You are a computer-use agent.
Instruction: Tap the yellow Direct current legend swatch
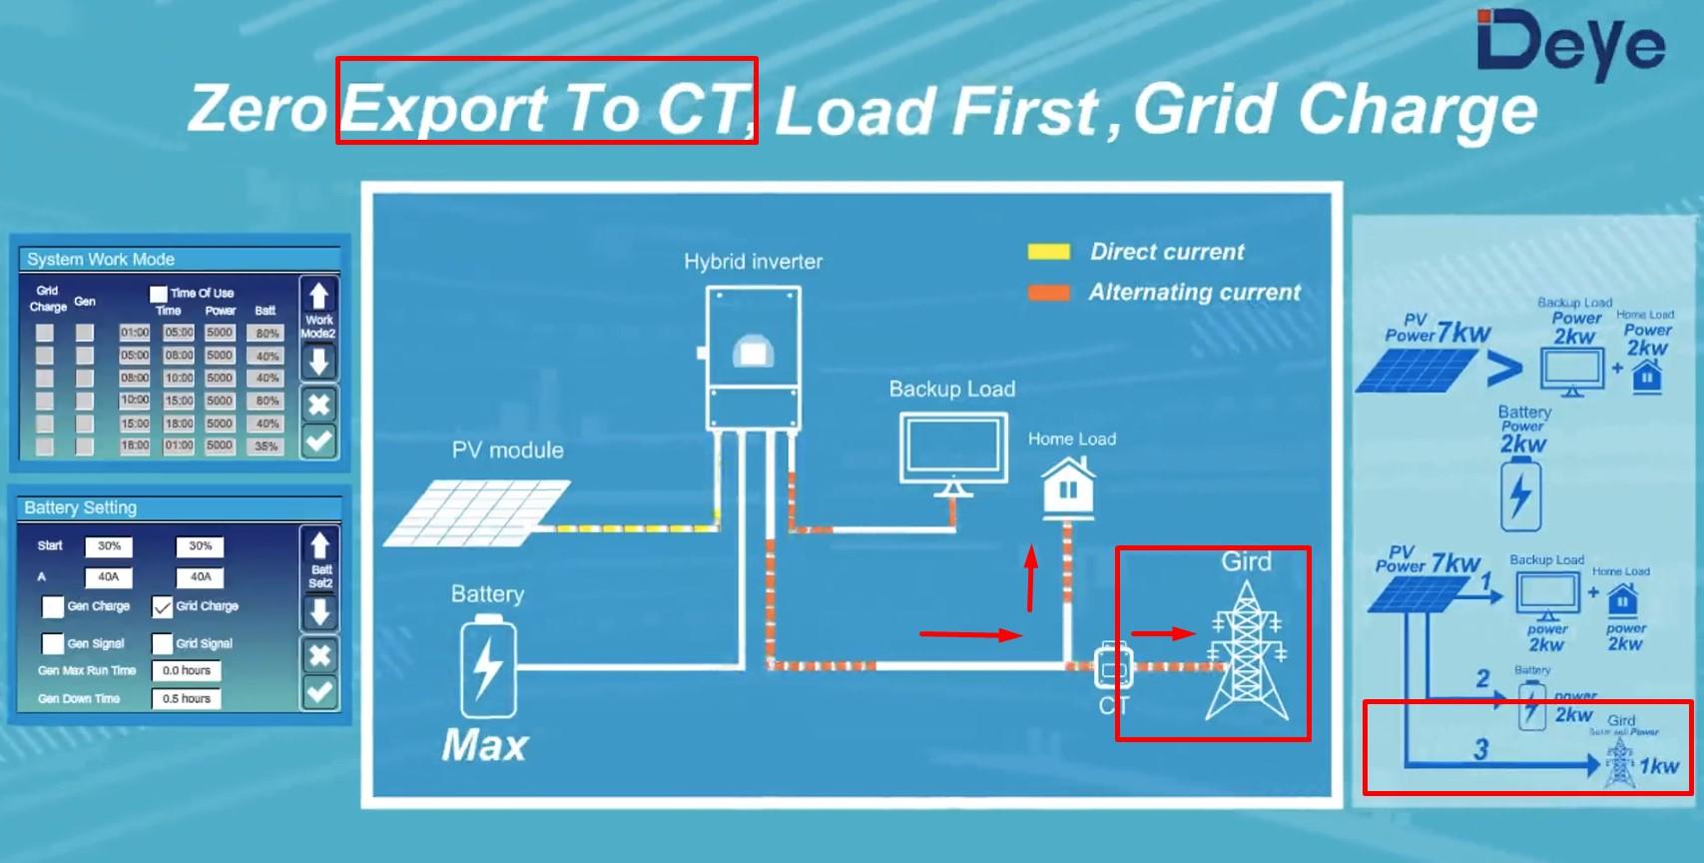[1048, 252]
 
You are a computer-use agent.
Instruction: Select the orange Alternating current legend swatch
[1048, 293]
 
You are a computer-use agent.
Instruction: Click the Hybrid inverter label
[753, 262]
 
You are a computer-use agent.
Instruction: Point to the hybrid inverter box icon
[753, 357]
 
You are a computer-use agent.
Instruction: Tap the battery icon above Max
[487, 666]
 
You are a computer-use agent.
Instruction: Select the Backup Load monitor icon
[952, 451]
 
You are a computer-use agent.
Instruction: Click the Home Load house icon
[1067, 487]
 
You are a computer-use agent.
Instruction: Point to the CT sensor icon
[1112, 667]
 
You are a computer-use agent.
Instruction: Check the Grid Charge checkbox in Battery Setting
[162, 606]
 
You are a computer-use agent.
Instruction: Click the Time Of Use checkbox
[158, 294]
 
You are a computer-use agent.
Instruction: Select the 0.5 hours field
[186, 698]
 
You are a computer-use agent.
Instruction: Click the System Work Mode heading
[101, 260]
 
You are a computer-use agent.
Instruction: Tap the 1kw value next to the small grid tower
[1658, 766]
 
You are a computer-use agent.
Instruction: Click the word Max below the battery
[484, 745]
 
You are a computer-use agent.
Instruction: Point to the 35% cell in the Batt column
[267, 446]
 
